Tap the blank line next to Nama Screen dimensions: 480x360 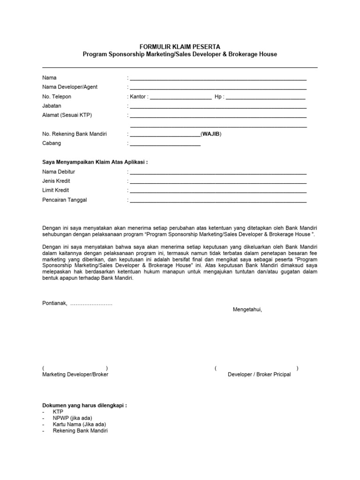218,78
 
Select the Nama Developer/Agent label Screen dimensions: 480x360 70,87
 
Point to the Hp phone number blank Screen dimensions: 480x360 266,97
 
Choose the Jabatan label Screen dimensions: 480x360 52,106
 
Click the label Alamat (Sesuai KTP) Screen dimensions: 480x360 67,115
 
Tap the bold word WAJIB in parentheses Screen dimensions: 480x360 211,134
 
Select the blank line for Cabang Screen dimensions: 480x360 165,144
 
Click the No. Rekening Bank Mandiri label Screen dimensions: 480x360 75,134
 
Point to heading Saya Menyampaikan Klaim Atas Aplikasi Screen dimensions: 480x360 95,162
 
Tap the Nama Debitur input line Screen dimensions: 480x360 218,172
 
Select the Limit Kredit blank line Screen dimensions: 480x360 218,191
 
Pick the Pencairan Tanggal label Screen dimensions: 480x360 65,200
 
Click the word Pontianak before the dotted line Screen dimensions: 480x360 54,303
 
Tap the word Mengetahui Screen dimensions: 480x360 247,310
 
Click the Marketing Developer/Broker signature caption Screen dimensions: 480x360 75,375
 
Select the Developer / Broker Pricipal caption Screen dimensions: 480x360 259,375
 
